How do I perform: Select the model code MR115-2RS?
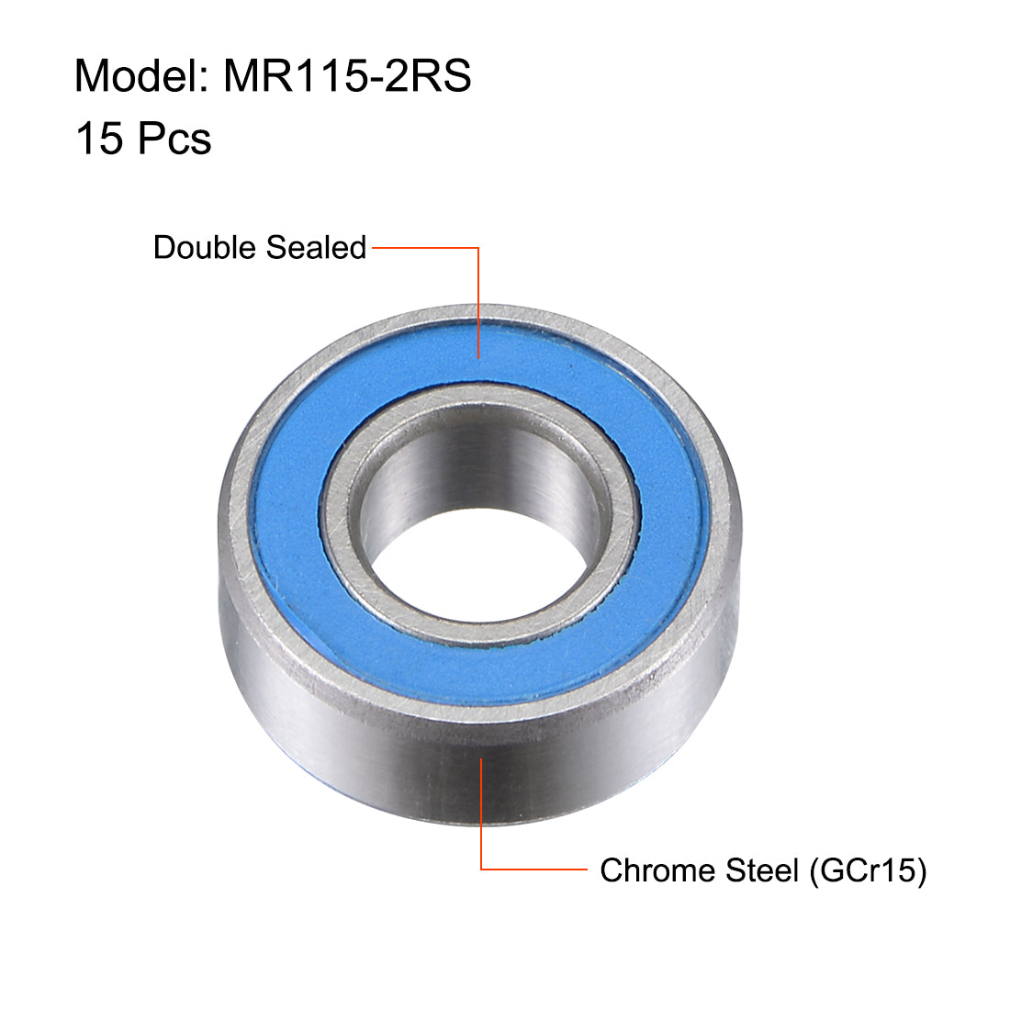point(347,76)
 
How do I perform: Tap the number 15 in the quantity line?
point(98,140)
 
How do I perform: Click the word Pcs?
point(174,140)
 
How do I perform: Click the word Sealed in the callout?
point(316,248)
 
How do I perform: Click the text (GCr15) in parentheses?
point(868,870)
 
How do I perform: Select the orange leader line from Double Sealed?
point(422,248)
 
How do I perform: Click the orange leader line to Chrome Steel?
point(533,869)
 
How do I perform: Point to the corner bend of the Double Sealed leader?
point(478,248)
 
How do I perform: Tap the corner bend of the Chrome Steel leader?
point(482,869)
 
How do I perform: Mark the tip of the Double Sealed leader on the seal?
point(478,356)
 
